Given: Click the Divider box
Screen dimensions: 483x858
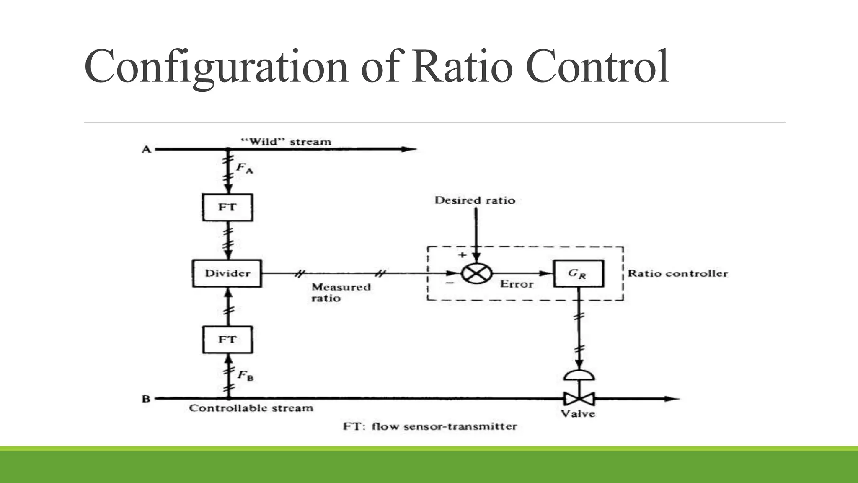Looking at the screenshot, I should [227, 273].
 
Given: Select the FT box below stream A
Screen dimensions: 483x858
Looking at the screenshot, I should [227, 207].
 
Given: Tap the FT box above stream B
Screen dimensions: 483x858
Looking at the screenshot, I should [227, 340].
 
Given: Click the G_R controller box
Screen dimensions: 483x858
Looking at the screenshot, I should [578, 273].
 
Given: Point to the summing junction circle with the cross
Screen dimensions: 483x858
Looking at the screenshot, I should [476, 273].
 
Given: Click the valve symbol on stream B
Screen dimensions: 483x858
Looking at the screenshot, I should [579, 398].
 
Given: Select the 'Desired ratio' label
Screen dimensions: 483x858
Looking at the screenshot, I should [475, 200].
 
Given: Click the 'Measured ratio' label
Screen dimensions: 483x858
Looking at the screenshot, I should [341, 293].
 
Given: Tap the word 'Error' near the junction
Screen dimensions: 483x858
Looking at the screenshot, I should [517, 284].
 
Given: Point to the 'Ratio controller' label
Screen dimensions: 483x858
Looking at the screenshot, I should [677, 273].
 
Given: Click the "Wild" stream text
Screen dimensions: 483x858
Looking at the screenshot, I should [287, 142].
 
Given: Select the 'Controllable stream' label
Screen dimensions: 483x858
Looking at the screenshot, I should [251, 408].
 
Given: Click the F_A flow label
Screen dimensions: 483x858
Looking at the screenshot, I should [244, 168].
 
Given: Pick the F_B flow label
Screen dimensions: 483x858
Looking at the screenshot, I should [245, 375].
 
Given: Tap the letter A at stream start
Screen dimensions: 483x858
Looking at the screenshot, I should [146, 149].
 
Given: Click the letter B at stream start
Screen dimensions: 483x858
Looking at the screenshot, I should [146, 399].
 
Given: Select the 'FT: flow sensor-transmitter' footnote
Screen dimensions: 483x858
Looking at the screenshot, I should [430, 426].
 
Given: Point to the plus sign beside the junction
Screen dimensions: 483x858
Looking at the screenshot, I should [462, 255].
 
